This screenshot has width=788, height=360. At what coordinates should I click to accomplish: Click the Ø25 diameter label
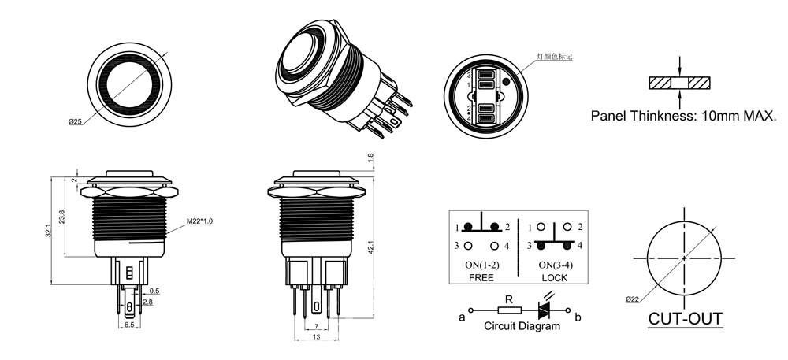76,121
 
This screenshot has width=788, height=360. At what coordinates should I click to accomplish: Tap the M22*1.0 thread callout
201,221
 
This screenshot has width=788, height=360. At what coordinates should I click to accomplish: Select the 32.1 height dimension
48,230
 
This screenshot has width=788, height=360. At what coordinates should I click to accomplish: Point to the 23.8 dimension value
62,215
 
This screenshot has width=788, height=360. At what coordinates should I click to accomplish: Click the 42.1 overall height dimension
370,247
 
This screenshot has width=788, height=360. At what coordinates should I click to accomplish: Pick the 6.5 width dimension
130,325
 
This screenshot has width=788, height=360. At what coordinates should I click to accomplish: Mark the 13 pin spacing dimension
317,337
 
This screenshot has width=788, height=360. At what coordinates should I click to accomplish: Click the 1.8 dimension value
371,158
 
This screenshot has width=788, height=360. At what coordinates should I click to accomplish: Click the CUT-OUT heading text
685,320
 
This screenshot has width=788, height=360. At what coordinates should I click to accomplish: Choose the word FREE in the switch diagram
481,278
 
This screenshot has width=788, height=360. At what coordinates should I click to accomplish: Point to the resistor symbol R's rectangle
508,310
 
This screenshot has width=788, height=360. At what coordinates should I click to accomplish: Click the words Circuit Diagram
522,325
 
